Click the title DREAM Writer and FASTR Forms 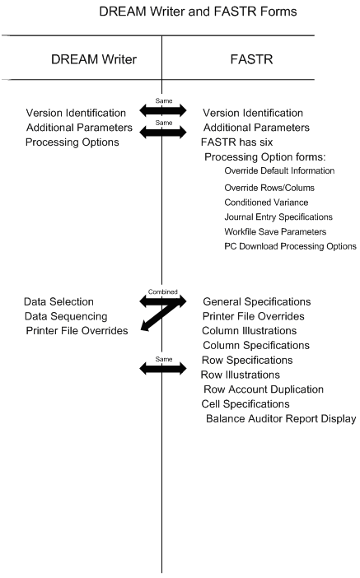point(197,12)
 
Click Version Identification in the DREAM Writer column point(76,113)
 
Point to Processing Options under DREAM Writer point(72,142)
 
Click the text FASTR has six point(238,142)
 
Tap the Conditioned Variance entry point(265,202)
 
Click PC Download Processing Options point(289,246)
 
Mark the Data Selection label point(58,302)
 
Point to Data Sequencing point(63,317)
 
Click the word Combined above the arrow point(162,291)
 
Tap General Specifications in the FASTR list point(256,302)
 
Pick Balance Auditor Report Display point(280,419)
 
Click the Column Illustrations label point(250,331)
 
